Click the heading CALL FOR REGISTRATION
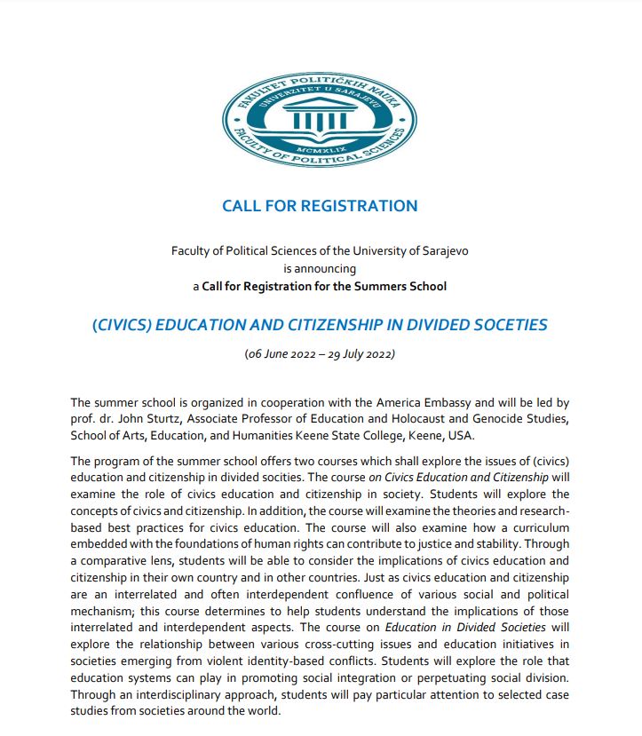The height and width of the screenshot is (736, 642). (320, 206)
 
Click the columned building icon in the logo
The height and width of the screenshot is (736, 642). (319, 116)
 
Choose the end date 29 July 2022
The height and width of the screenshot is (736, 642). (356, 354)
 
